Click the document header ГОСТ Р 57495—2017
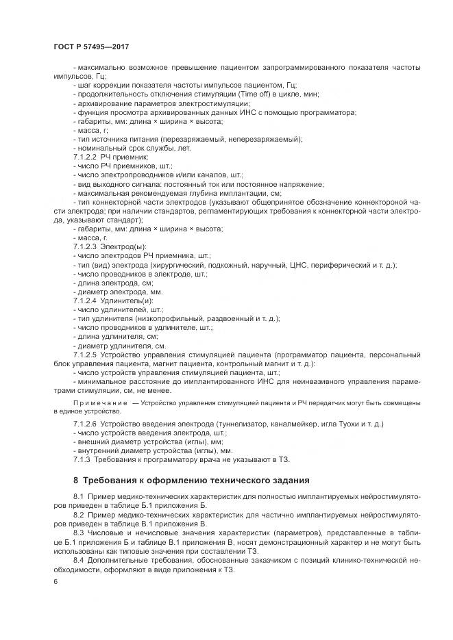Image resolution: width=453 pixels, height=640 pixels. (x=90, y=46)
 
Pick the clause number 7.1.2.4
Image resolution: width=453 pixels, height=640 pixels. (x=86, y=300)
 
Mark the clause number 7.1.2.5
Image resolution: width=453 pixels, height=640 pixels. (x=86, y=355)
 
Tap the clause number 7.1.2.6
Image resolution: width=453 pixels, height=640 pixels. (x=86, y=424)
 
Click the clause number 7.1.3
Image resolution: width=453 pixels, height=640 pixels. (x=82, y=460)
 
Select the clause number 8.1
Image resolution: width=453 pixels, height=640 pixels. (x=78, y=496)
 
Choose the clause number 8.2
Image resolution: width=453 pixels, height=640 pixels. (x=78, y=514)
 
